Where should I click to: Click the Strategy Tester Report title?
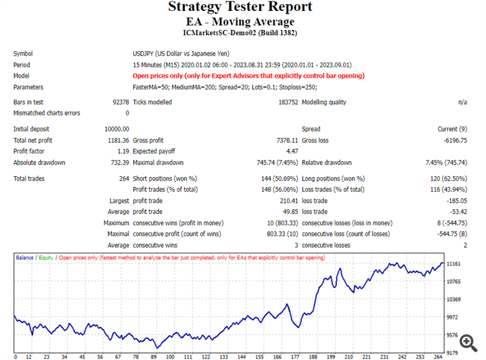pos(240,7)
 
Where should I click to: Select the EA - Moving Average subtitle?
pos(240,22)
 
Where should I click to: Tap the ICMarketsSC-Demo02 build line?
pos(240,33)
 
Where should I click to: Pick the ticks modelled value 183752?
pos(286,102)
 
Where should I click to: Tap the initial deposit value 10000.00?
pos(116,129)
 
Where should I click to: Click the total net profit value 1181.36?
pos(118,141)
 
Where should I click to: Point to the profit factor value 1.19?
pos(122,152)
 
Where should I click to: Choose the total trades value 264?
pos(123,179)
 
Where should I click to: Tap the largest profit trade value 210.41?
pos(287,201)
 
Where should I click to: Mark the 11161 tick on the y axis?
pos(454,264)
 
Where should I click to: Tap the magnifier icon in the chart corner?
pos(465,341)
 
